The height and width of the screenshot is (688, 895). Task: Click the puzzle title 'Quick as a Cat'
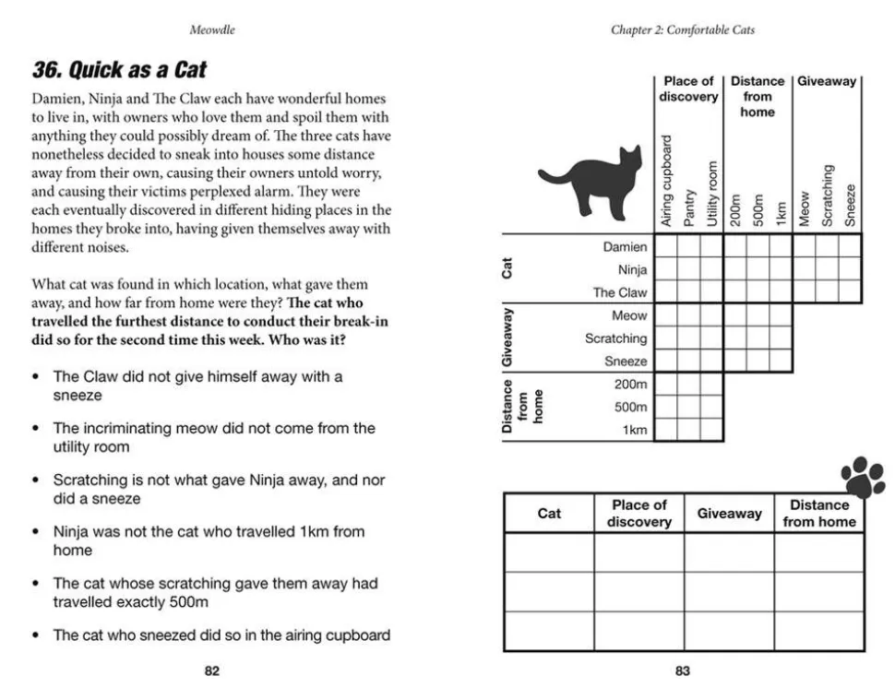tap(119, 70)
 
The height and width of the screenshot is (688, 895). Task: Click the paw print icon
tap(863, 476)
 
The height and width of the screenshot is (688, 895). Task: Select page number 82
tap(211, 671)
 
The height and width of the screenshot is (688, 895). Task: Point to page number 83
tap(682, 671)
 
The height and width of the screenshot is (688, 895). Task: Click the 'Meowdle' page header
tap(212, 30)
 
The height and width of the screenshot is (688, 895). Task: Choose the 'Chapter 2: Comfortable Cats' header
tap(682, 30)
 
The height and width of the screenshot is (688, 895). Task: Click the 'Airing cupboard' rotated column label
tap(666, 181)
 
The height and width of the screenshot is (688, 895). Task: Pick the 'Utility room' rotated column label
tap(711, 194)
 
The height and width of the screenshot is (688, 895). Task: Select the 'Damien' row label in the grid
tap(625, 247)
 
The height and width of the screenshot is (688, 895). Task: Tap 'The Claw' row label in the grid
tap(620, 292)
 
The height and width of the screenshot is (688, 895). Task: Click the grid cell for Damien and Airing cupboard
tap(666, 246)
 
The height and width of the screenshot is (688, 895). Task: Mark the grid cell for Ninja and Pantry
tap(688, 269)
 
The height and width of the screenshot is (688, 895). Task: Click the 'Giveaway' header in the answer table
tap(729, 514)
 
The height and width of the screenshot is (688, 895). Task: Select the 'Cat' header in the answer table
tap(549, 514)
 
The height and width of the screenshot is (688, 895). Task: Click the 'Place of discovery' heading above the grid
tap(688, 89)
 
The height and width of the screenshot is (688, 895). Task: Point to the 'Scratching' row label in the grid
tap(615, 338)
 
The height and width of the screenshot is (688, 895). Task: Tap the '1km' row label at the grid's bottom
tap(635, 430)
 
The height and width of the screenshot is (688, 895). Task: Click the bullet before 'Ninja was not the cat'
tap(35, 532)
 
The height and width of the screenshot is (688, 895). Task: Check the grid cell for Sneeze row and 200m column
tap(734, 361)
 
